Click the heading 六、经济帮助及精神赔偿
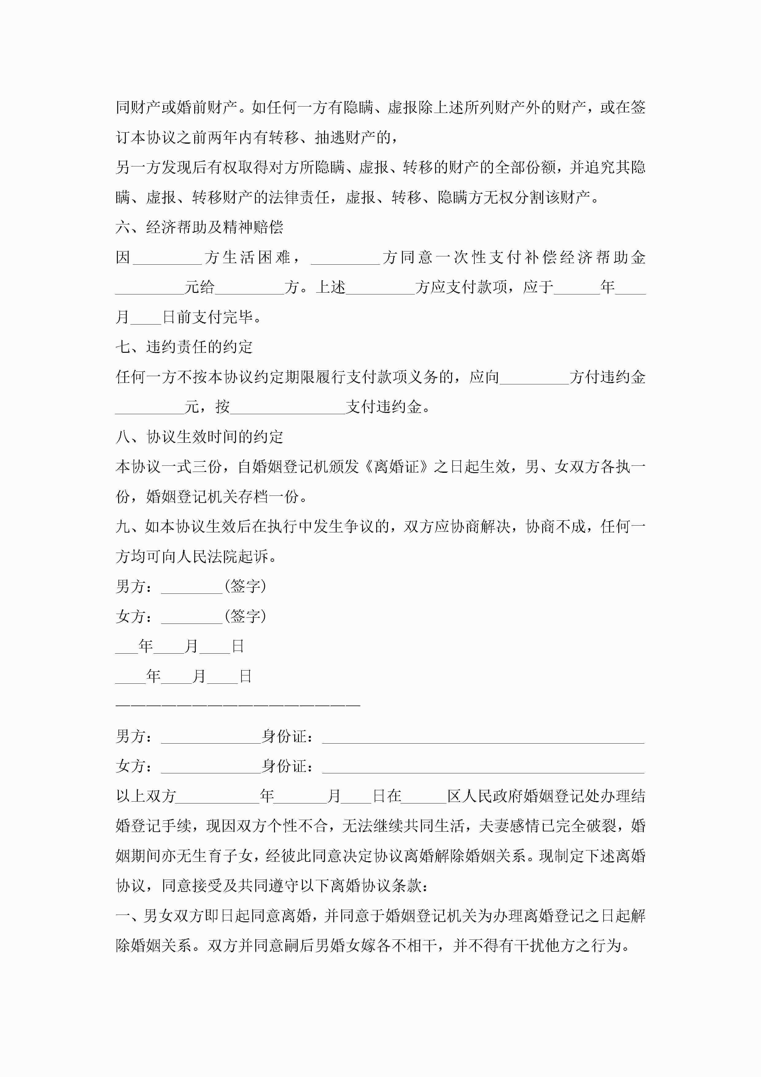tap(199, 227)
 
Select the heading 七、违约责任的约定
tap(184, 347)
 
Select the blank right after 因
tap(168, 258)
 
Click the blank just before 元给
tap(149, 288)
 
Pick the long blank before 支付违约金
tap(288, 407)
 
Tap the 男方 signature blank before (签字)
tap(191, 587)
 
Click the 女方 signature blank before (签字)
tap(191, 617)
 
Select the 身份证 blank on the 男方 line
tap(483, 737)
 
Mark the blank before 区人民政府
tap(424, 796)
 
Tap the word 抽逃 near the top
tap(330, 138)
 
